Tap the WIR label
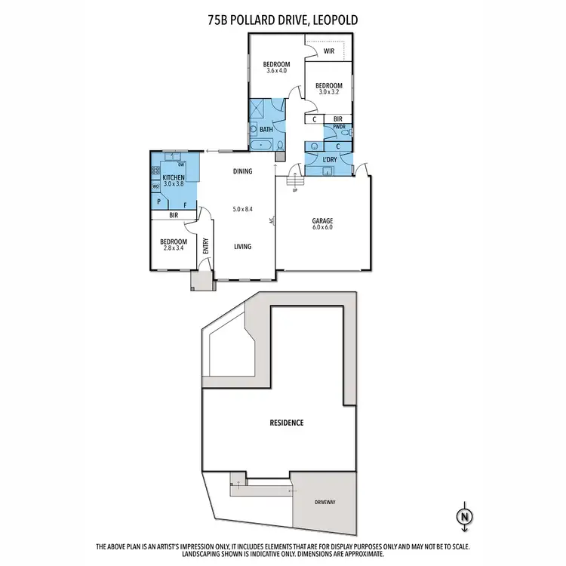pyautogui.click(x=329, y=51)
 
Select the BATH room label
pyautogui.click(x=266, y=130)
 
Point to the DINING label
pyautogui.click(x=242, y=171)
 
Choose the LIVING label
pyautogui.click(x=242, y=246)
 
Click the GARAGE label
pyautogui.click(x=323, y=220)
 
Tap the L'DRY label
pyautogui.click(x=329, y=160)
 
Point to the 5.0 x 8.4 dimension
pyautogui.click(x=242, y=209)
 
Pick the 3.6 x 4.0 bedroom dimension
pyautogui.click(x=276, y=71)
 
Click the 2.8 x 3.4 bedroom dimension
pyautogui.click(x=174, y=248)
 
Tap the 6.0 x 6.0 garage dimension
pyautogui.click(x=323, y=227)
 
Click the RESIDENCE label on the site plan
pyautogui.click(x=288, y=423)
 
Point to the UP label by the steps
pyautogui.click(x=294, y=189)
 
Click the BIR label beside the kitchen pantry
pyautogui.click(x=174, y=215)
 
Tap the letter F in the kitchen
pyautogui.click(x=185, y=205)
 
